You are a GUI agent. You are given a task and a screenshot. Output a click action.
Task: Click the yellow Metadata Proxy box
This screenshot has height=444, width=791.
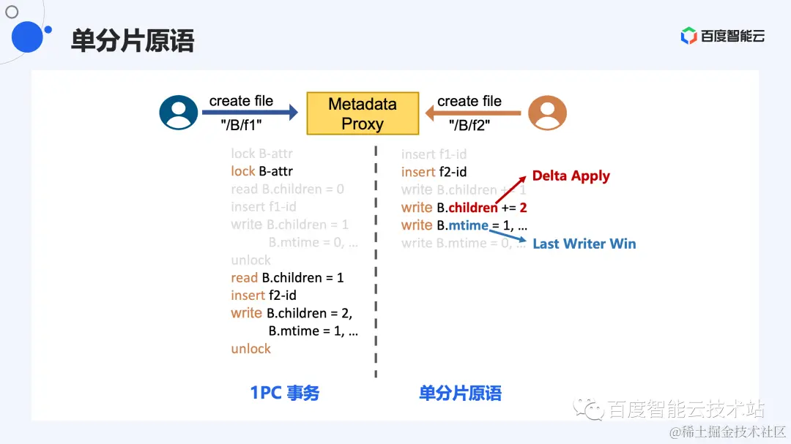[x=363, y=113]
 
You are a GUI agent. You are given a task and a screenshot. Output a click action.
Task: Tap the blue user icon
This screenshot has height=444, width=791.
[x=179, y=113]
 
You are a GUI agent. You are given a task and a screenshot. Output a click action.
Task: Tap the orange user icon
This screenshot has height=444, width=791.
[x=547, y=113]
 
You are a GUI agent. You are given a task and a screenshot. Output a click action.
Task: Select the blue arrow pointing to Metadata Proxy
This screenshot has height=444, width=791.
[x=250, y=113]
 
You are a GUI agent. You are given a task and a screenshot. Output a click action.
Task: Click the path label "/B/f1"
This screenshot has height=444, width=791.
[x=241, y=126]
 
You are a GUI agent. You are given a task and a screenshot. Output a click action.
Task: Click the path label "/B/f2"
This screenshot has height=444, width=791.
[x=469, y=126]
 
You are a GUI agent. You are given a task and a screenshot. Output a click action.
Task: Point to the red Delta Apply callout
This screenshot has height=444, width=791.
[x=571, y=176]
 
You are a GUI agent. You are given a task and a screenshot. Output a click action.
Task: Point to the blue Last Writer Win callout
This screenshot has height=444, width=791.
[x=584, y=244]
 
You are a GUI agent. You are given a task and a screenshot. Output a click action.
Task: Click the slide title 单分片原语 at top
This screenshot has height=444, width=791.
[x=132, y=40]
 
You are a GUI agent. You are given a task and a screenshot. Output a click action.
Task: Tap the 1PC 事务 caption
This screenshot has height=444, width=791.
[x=285, y=393]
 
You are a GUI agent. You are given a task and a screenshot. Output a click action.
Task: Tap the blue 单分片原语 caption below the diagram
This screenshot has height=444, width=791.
[x=460, y=393]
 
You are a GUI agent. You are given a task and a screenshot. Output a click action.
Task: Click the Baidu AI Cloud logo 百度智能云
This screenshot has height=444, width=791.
[x=722, y=36]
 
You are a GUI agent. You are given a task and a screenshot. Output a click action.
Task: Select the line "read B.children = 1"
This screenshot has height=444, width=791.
[x=287, y=278]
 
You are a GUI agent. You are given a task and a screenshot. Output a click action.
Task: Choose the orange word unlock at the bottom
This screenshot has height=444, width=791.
[x=250, y=349]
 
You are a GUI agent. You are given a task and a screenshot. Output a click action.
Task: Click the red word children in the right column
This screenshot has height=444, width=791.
[x=473, y=208]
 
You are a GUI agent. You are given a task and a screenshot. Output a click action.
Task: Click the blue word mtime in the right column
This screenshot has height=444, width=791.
[x=468, y=225]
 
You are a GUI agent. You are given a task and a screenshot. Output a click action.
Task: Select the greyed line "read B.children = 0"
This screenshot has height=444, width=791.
[x=287, y=189]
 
